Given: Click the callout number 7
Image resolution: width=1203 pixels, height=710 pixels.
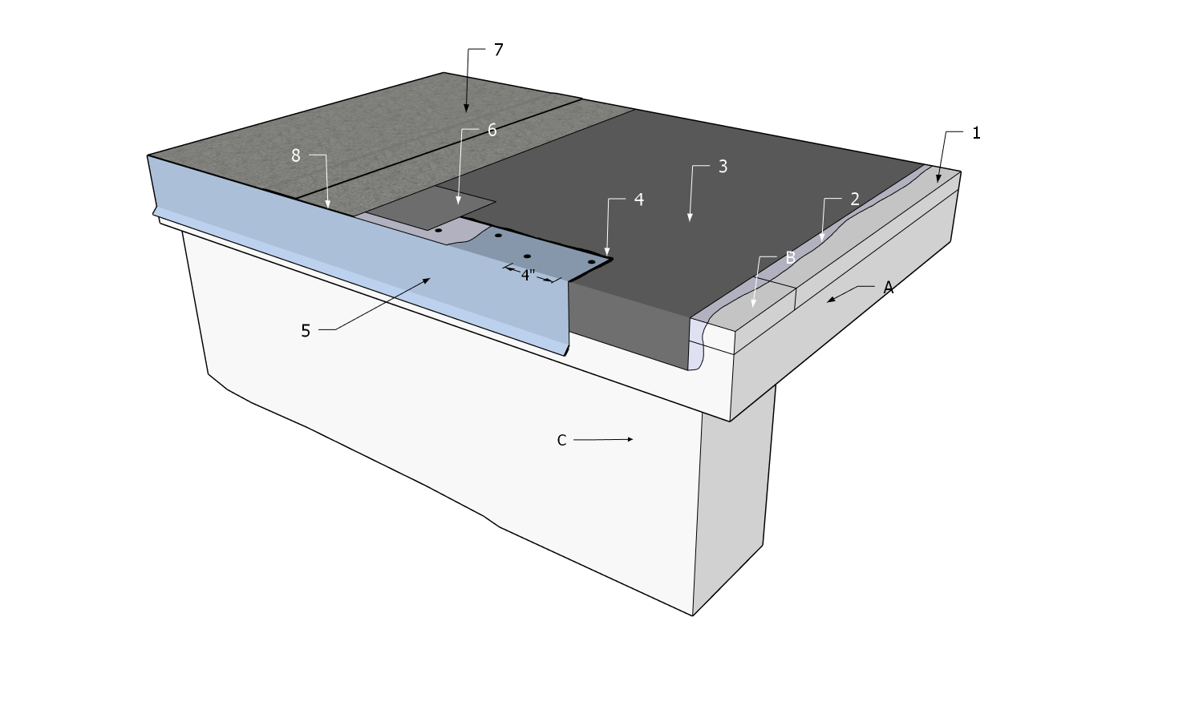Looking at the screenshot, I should click(498, 50).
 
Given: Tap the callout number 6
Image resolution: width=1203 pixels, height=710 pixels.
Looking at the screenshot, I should click(492, 130).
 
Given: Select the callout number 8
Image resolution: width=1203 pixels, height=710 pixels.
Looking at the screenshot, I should click(295, 156).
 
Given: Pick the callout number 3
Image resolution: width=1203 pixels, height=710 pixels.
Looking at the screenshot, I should click(723, 167).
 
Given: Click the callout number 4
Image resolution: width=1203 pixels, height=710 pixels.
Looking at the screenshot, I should click(639, 200).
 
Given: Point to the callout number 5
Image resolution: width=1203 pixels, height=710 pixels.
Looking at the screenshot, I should click(306, 331).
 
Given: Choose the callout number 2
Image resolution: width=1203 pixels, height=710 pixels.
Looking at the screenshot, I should click(855, 200).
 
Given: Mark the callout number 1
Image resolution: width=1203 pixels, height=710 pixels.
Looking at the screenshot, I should click(976, 133).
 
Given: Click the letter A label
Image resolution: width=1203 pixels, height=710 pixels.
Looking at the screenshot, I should click(888, 288).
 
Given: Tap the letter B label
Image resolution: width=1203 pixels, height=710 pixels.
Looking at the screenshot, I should click(790, 258).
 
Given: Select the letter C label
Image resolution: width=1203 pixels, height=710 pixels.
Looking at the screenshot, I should click(561, 440).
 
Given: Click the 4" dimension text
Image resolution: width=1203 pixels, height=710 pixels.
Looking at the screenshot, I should click(528, 275).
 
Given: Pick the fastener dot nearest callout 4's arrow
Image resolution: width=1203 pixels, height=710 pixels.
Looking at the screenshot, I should click(591, 262).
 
